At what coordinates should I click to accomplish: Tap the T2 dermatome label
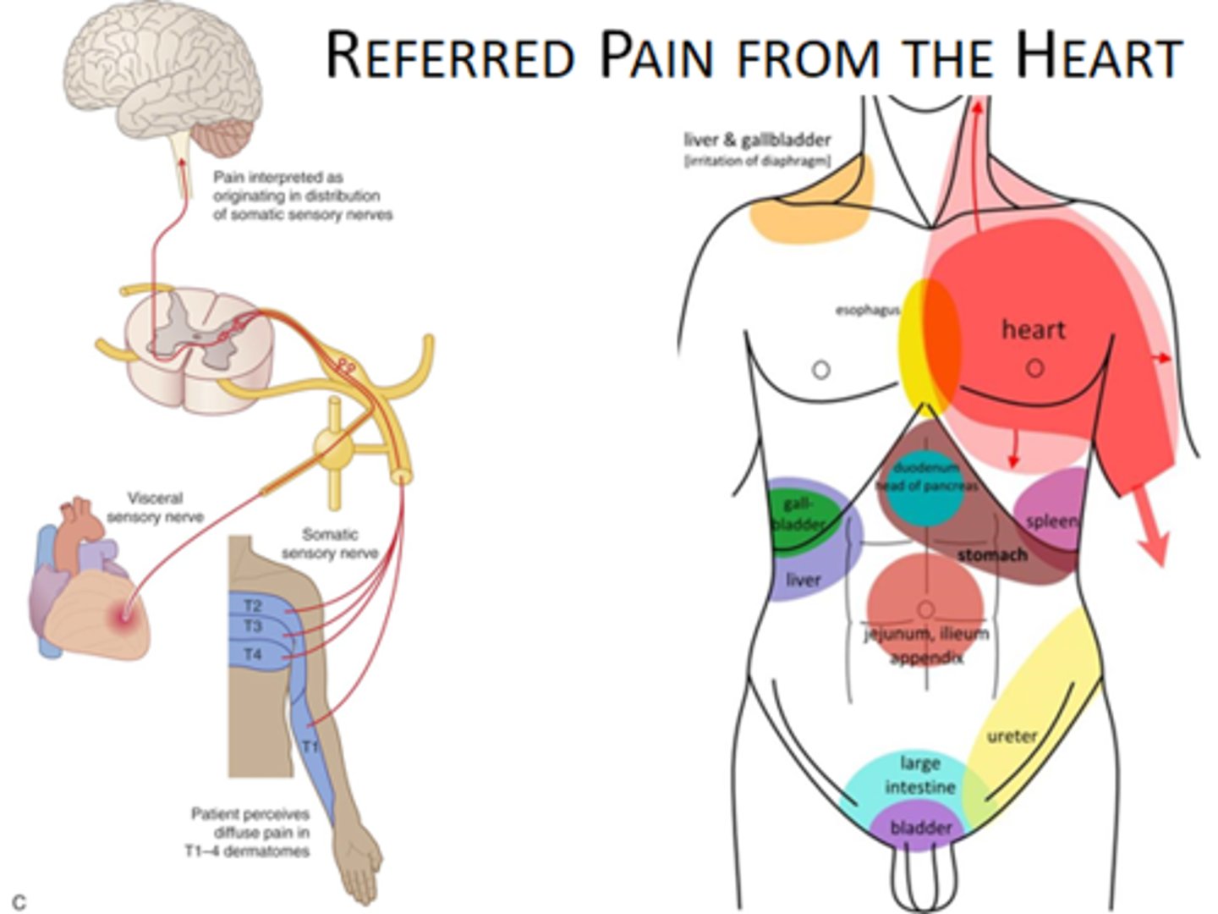coord(253,606)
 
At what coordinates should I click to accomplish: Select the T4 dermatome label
coord(253,654)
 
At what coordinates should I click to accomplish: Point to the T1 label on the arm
coord(310,746)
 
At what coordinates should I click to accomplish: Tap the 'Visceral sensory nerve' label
coord(155,507)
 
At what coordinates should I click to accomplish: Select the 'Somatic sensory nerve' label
coord(330,543)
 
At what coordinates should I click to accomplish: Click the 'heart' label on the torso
coord(1033,329)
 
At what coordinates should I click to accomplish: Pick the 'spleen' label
coord(1051,520)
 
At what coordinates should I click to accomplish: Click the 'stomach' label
coord(991,555)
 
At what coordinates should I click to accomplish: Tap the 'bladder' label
coord(920,828)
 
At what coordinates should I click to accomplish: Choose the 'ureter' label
coord(1012,736)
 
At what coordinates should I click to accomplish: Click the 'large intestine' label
coord(920,775)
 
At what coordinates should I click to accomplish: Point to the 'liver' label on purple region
coord(803,580)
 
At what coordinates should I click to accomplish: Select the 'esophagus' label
coord(867,311)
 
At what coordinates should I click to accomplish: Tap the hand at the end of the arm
coord(359,863)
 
